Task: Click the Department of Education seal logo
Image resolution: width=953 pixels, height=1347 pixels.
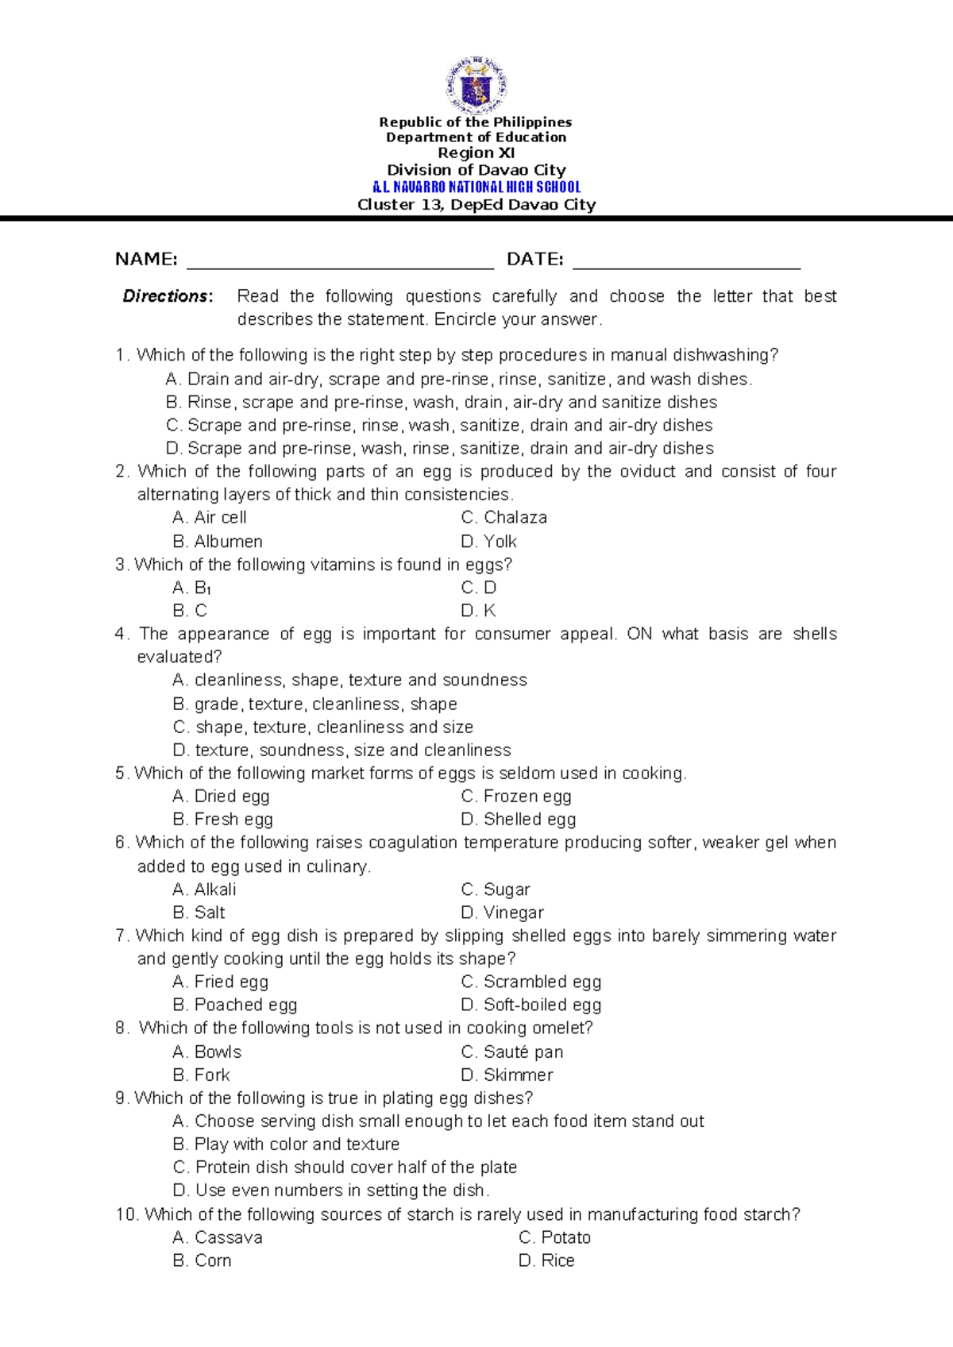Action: (x=476, y=85)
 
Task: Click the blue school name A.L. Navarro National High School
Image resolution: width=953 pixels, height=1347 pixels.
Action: (x=476, y=187)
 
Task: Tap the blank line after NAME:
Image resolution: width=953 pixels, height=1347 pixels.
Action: (x=340, y=264)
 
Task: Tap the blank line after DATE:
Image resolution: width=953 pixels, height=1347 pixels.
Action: (x=686, y=264)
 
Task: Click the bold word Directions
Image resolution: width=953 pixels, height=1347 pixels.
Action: (x=167, y=296)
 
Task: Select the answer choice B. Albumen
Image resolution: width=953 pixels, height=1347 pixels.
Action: (x=218, y=542)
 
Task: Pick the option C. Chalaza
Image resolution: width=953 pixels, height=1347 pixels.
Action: (x=504, y=518)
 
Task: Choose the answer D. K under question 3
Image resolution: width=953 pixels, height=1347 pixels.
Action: (x=478, y=611)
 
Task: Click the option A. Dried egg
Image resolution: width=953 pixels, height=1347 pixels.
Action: (x=221, y=797)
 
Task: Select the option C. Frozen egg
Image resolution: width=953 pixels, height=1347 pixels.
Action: (x=515, y=797)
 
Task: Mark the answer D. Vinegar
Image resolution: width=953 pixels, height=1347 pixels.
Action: (x=502, y=913)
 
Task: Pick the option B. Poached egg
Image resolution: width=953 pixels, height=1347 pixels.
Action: (x=234, y=1005)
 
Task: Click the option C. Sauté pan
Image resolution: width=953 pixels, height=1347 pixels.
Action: (x=511, y=1052)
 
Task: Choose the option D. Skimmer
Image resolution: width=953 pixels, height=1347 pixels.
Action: (x=507, y=1075)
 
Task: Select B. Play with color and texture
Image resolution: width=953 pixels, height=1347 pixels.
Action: (x=286, y=1144)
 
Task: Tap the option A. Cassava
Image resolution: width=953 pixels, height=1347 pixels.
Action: (x=218, y=1237)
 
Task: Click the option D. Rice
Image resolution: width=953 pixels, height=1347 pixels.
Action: (x=546, y=1260)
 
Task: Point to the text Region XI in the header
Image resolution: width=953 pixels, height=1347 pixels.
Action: (x=476, y=153)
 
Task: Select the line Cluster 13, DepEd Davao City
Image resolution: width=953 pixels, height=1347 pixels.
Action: (x=476, y=205)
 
